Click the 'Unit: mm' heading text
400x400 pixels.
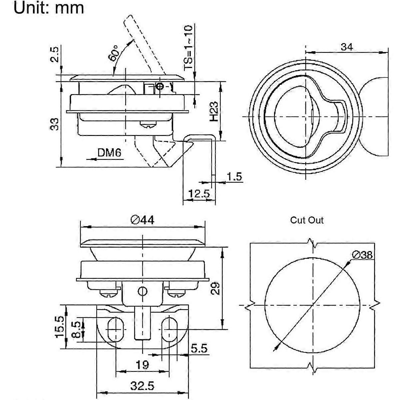49,8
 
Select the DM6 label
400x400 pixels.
109,153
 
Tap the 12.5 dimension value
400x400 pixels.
199,193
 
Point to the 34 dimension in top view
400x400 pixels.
347,47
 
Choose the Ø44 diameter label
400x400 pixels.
142,220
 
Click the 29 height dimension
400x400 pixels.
216,288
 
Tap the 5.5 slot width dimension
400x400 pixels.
199,349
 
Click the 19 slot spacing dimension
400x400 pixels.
142,365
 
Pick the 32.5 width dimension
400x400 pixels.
142,386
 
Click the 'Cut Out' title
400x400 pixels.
307,220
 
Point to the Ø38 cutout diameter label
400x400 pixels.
362,255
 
